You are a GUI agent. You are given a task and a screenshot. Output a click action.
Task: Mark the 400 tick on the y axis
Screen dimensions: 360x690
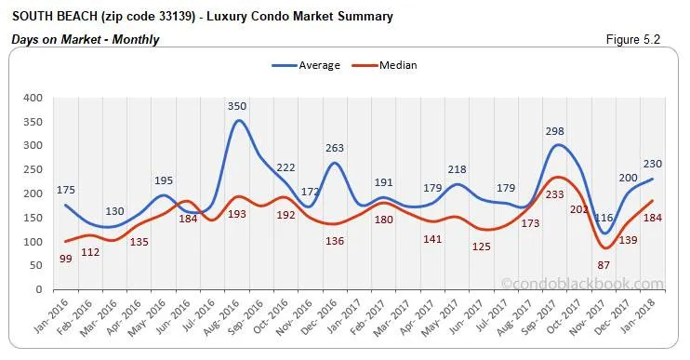[x=33, y=98]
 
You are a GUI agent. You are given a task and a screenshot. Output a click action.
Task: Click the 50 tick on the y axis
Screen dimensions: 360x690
[x=35, y=266]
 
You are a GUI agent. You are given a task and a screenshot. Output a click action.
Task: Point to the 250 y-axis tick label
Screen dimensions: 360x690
[x=33, y=169]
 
